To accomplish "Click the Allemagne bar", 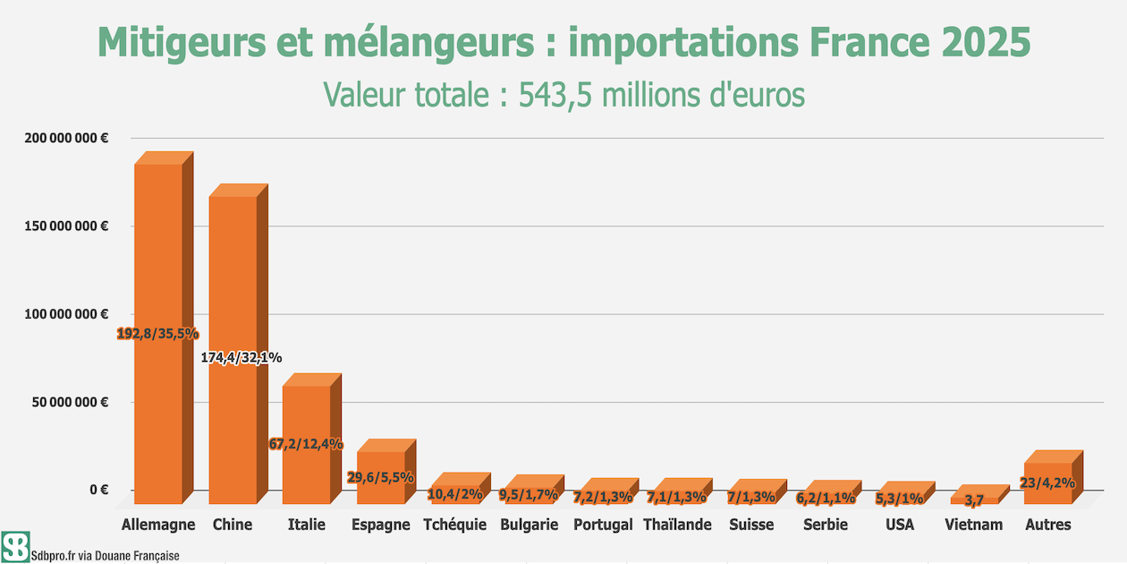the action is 164,328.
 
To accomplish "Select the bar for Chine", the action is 238,344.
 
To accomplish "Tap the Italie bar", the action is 312,439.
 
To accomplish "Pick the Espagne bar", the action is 386,471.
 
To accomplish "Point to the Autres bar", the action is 1054,477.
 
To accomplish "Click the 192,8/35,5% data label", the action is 157,333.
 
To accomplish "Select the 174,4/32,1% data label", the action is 241,357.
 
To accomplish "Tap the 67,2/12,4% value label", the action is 306,444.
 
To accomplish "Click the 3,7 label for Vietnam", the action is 974,500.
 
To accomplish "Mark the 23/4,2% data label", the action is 1047,483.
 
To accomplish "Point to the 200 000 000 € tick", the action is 66,138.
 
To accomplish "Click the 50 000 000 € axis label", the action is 70,402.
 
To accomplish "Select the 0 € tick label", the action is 99,490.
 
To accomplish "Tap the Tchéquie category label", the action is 454,525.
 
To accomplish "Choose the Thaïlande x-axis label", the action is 677,525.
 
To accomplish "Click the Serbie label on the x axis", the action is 826,525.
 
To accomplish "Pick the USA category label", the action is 900,525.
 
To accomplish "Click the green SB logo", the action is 15,546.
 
